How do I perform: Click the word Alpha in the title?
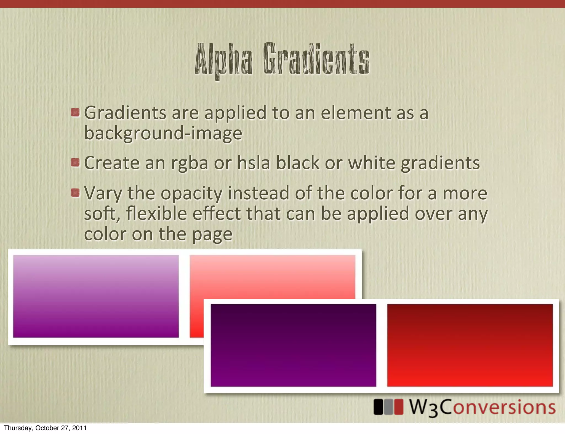point(223,60)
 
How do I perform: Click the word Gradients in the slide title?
point(316,59)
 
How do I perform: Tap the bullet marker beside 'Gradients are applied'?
point(75,112)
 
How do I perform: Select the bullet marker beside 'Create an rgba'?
point(75,162)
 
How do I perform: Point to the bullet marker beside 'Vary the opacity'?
point(75,193)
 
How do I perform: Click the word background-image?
point(163,133)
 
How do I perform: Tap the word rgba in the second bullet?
point(190,163)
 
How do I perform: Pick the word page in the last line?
point(212,235)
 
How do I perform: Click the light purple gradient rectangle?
point(96,296)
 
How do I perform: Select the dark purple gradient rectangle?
point(293,345)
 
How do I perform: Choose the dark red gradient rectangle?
point(470,345)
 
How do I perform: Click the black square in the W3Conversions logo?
point(378,407)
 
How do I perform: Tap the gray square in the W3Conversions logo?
point(388,407)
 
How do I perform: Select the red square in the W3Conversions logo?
point(398,407)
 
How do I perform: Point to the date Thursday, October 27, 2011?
point(45,428)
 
